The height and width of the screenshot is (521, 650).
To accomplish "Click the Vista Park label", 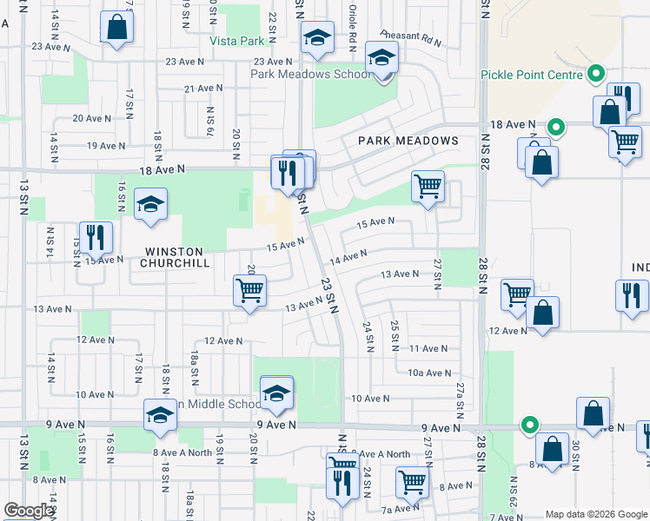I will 236,41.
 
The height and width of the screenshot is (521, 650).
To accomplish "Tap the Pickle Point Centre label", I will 531,75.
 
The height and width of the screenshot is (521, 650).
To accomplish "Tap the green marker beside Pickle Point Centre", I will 596,75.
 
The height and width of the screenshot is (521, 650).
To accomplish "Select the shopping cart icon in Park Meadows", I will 428,185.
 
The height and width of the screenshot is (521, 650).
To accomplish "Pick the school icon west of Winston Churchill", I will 151,204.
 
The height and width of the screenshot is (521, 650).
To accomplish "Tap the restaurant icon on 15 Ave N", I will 96,237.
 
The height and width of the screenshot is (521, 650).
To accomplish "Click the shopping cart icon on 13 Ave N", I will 249,290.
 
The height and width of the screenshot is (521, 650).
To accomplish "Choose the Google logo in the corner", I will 28,511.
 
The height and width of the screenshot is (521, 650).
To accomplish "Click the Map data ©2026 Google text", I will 596,514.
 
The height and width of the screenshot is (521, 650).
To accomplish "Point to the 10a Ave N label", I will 429,373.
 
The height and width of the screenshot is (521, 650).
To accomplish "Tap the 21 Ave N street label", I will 203,89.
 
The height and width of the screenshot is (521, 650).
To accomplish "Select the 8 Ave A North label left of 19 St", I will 182,452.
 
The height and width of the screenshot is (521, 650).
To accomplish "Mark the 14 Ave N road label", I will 349,256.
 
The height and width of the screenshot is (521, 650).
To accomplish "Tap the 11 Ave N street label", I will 428,348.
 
